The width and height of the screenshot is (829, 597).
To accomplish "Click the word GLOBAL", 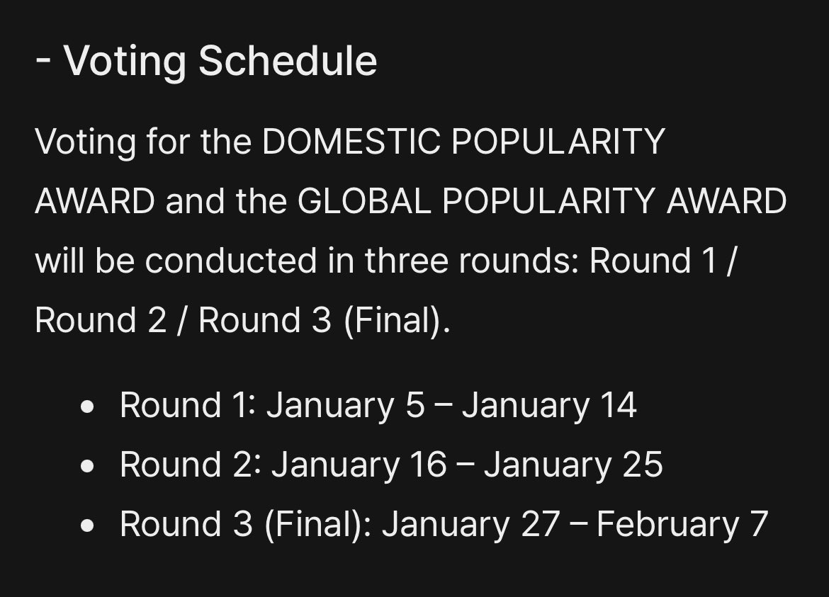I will click(363, 202).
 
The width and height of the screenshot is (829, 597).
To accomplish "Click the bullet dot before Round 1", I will click(88, 407).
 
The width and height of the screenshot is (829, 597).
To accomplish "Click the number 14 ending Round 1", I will click(617, 406).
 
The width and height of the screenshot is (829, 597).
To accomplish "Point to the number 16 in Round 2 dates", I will click(427, 465).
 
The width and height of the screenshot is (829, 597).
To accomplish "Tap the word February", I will click(667, 525).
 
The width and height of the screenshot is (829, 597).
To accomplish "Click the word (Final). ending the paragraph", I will click(397, 321).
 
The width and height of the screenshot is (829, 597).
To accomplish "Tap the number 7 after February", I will click(759, 525).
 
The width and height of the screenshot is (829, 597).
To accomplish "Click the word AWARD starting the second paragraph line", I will click(94, 202).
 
